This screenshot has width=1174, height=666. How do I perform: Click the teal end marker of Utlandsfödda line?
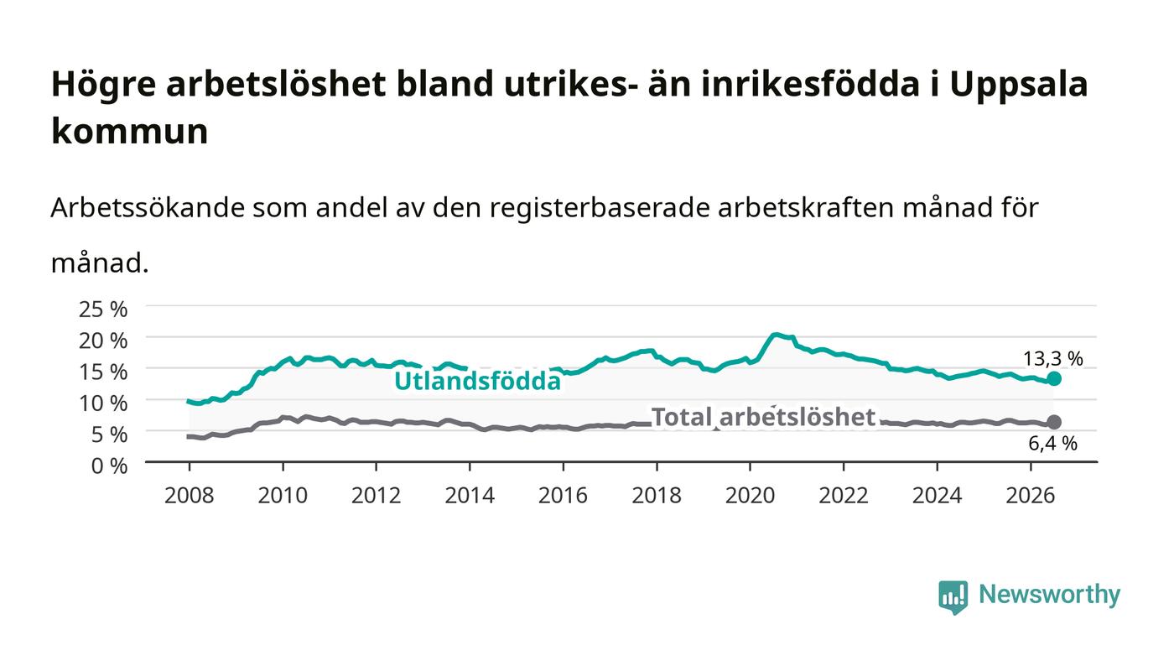coord(1053,378)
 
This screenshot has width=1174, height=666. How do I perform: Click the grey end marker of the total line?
coord(1054,422)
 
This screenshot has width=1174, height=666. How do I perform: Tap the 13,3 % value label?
coord(1053,359)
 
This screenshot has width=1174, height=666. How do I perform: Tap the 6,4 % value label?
coord(1053,444)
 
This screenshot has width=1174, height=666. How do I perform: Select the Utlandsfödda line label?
coord(477,381)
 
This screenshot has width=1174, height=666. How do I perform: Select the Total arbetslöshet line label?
coord(763,418)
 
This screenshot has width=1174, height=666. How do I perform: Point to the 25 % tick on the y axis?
coord(103,310)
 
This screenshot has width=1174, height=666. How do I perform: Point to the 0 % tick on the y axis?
coord(110,466)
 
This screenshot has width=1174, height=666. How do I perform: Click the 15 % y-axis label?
coord(103,372)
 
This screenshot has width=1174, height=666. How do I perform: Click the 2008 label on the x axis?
coord(190,496)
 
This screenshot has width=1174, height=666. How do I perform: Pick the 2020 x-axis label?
coord(750,496)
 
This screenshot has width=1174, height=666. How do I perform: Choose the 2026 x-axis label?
coord(1031,496)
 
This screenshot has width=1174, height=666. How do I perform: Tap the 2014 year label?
coord(470,496)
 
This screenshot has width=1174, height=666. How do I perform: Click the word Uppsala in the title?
coord(1019,85)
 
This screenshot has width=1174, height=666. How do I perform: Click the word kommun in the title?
coord(130,131)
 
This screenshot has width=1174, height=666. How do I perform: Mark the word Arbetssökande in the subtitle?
coord(148,208)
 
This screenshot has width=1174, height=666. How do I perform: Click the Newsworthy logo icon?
coord(953,596)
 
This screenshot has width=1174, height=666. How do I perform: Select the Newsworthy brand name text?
coord(1049,595)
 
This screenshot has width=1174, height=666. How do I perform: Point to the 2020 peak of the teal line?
coord(777,334)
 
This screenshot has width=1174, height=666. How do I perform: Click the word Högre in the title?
coord(104,85)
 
